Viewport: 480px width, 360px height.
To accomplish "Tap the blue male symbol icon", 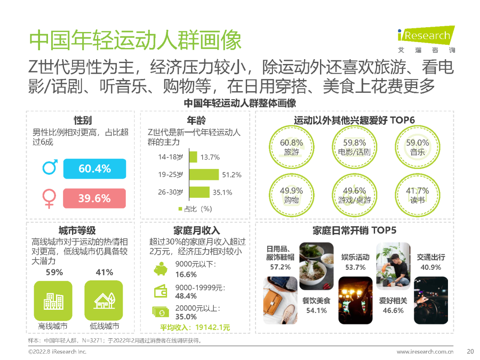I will coord(50,168).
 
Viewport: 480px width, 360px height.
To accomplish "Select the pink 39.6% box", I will coord(95,198).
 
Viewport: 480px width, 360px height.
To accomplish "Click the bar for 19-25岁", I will coord(204,175).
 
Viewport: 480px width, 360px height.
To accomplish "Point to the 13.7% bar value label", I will coord(210,157).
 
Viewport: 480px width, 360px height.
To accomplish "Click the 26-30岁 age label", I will coord(171,192).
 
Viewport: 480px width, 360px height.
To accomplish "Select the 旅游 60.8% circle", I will coord(292,146).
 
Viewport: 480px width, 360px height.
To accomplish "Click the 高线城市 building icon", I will coord(53,301).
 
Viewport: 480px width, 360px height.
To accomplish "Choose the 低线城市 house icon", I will coord(104,301).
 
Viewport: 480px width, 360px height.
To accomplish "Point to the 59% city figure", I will coord(54,272).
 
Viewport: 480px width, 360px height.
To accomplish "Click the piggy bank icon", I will coord(160,269).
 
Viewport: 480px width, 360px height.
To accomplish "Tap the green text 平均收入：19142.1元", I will coord(195,328).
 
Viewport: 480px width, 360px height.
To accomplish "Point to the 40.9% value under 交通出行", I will coord(430,267).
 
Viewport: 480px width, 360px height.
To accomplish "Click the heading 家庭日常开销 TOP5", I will coord(354,230).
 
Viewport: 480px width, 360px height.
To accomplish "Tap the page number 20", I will coord(471,352).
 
